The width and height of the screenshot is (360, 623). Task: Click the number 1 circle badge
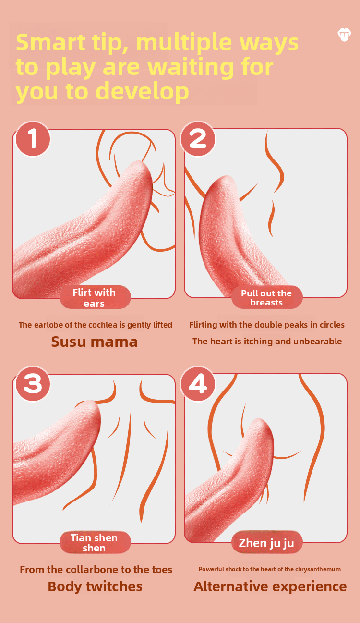(x=33, y=139)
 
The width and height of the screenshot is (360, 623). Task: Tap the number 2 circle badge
(x=198, y=139)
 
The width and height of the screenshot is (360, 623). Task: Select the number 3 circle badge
(x=33, y=384)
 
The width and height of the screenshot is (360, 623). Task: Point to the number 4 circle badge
(x=198, y=384)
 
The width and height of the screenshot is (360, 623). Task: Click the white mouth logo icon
(x=344, y=35)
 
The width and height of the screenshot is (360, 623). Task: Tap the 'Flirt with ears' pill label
(x=95, y=297)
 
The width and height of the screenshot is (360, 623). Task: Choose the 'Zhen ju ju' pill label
(x=266, y=543)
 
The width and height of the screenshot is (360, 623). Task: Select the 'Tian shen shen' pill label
(x=95, y=543)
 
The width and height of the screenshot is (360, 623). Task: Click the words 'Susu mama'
(x=95, y=342)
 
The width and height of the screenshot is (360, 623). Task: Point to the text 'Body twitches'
(x=95, y=586)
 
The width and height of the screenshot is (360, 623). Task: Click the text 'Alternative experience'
(x=270, y=586)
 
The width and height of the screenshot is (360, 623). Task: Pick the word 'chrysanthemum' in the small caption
(x=319, y=569)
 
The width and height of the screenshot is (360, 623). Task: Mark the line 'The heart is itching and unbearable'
(x=267, y=342)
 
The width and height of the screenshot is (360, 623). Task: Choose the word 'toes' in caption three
(x=161, y=570)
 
